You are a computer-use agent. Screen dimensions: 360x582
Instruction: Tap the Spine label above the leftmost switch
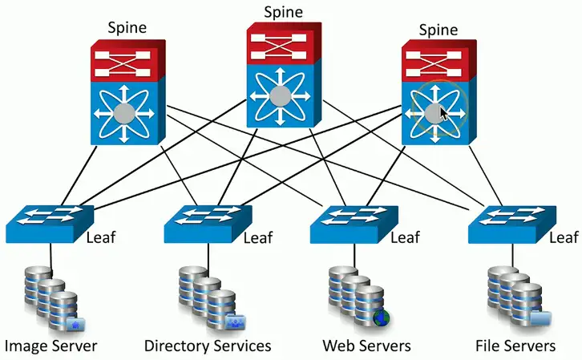(x=129, y=28)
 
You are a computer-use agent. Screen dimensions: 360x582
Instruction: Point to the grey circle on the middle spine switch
(x=280, y=97)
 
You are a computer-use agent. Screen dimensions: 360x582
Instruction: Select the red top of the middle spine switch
(x=283, y=44)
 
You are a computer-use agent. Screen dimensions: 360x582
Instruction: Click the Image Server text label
(x=51, y=346)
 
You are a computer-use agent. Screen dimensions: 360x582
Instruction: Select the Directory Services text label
(x=208, y=346)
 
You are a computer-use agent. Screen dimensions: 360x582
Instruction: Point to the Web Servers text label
(x=366, y=346)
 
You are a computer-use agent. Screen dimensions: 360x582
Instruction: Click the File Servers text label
(x=515, y=346)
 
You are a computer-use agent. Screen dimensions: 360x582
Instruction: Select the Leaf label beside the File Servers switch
(x=564, y=237)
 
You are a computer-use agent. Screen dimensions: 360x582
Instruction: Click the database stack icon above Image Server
(x=50, y=297)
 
